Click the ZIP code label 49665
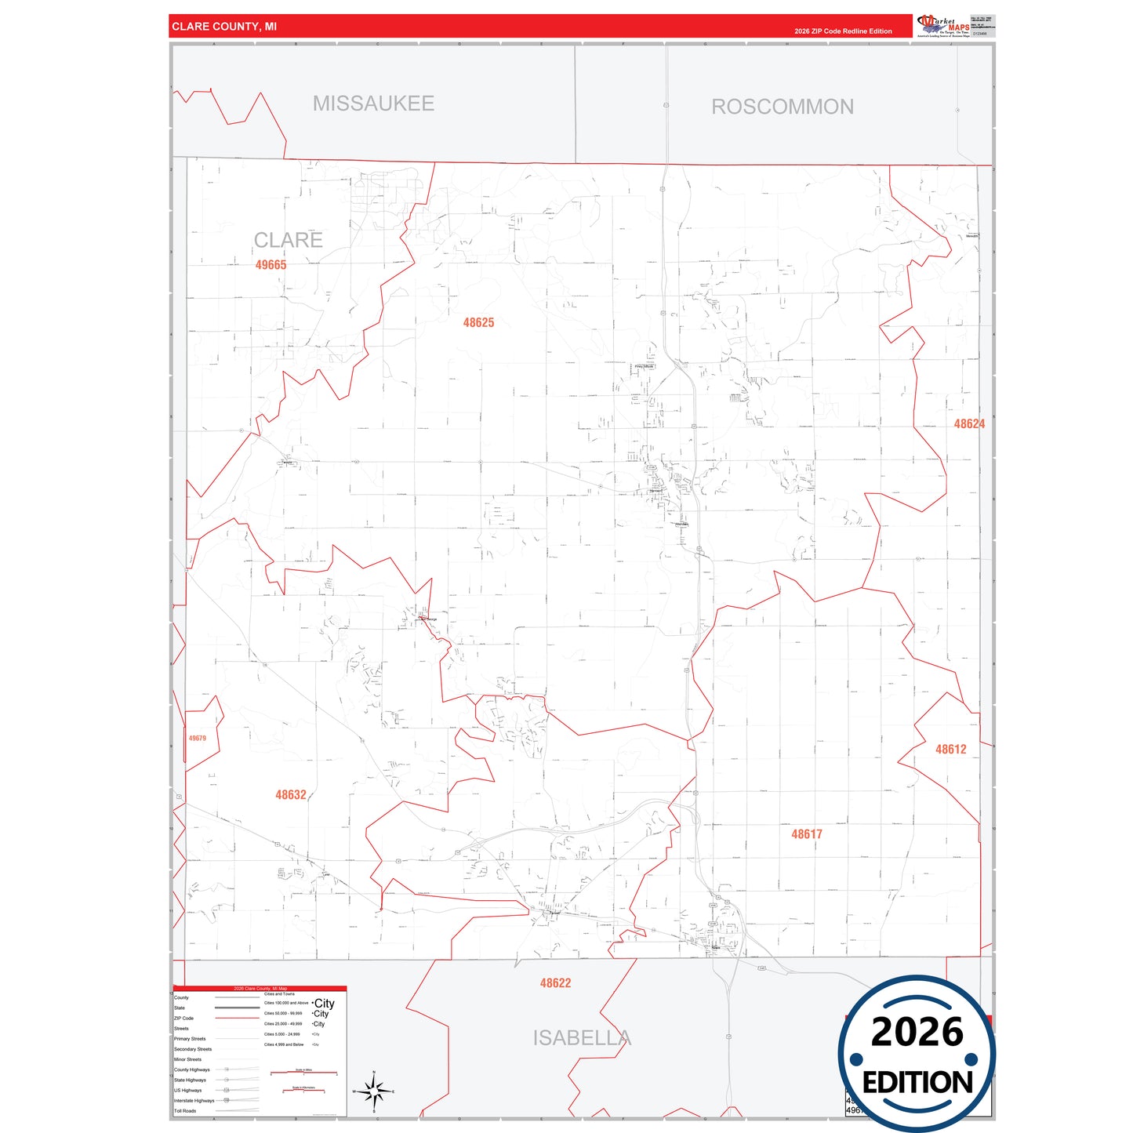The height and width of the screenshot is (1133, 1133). click(x=271, y=265)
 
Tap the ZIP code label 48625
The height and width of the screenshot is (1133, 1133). click(x=478, y=323)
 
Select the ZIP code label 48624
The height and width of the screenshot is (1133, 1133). click(x=969, y=424)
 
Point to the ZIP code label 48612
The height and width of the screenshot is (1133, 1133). click(x=950, y=750)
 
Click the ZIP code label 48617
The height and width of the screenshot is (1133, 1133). click(x=806, y=834)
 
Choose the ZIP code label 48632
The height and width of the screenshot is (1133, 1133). click(x=290, y=795)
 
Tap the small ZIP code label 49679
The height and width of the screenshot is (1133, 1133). click(x=198, y=739)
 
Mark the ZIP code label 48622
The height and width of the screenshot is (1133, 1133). click(x=555, y=983)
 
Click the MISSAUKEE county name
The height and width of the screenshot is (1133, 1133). click(x=373, y=103)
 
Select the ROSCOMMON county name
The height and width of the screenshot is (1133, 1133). click(x=783, y=107)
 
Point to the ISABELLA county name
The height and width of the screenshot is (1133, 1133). click(x=582, y=1038)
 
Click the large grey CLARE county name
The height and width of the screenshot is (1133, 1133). click(x=288, y=240)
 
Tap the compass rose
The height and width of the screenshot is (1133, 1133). click(x=374, y=1091)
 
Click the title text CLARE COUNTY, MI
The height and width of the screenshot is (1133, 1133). click(x=224, y=27)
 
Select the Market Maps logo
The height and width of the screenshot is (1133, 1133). click(x=944, y=25)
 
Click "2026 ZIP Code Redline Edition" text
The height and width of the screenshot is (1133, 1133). click(x=843, y=31)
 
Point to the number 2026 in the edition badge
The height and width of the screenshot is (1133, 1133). click(x=917, y=1032)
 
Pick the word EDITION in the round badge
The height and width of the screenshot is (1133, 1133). click(x=917, y=1083)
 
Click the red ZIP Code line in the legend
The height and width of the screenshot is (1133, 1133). click(x=237, y=1019)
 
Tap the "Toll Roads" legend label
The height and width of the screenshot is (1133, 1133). click(x=185, y=1111)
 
